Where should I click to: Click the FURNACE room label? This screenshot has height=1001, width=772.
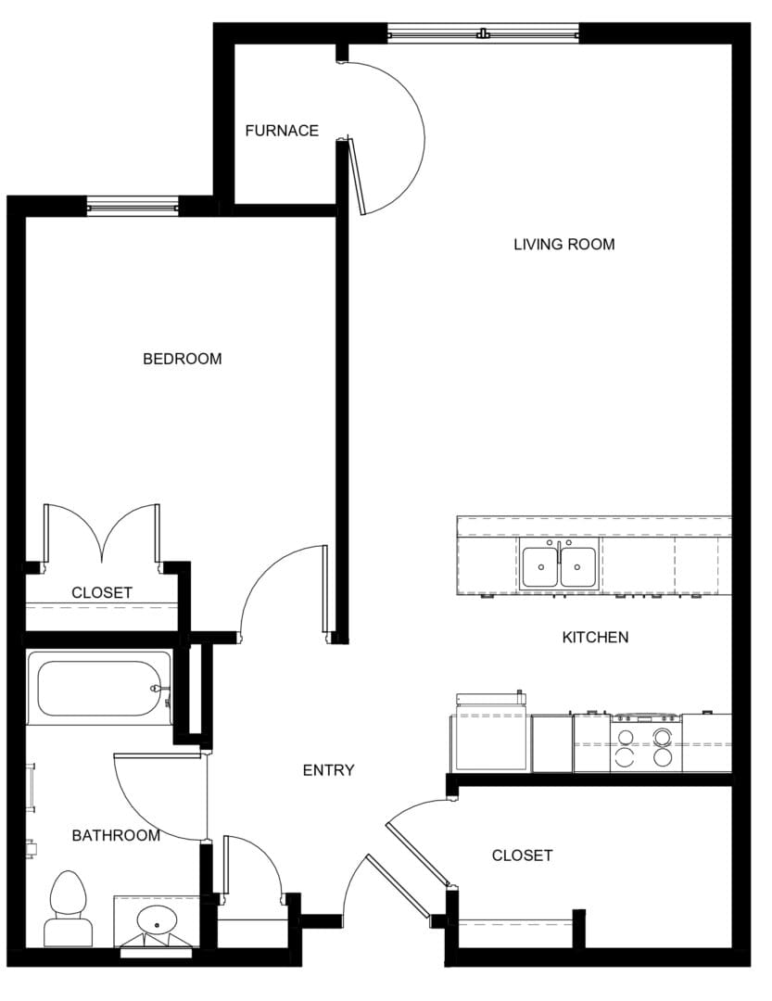click(x=282, y=131)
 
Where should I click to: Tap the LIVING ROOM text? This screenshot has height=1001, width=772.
click(x=563, y=245)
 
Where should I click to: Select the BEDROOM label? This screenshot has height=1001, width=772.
click(x=182, y=359)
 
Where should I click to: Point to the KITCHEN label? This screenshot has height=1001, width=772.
click(x=595, y=638)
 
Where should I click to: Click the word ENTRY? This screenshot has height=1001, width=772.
click(x=328, y=770)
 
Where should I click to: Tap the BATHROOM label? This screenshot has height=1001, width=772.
click(x=116, y=836)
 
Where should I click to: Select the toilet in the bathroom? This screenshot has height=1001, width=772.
click(x=68, y=908)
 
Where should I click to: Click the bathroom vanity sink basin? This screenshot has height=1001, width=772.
click(x=157, y=921)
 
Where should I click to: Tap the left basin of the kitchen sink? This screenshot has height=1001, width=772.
click(x=539, y=566)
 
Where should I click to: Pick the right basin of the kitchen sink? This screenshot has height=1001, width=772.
click(x=578, y=566)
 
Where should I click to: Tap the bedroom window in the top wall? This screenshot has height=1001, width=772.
click(x=132, y=206)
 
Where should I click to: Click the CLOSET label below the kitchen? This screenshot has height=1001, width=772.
click(x=522, y=855)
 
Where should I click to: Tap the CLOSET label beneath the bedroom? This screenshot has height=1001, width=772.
click(x=102, y=592)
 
